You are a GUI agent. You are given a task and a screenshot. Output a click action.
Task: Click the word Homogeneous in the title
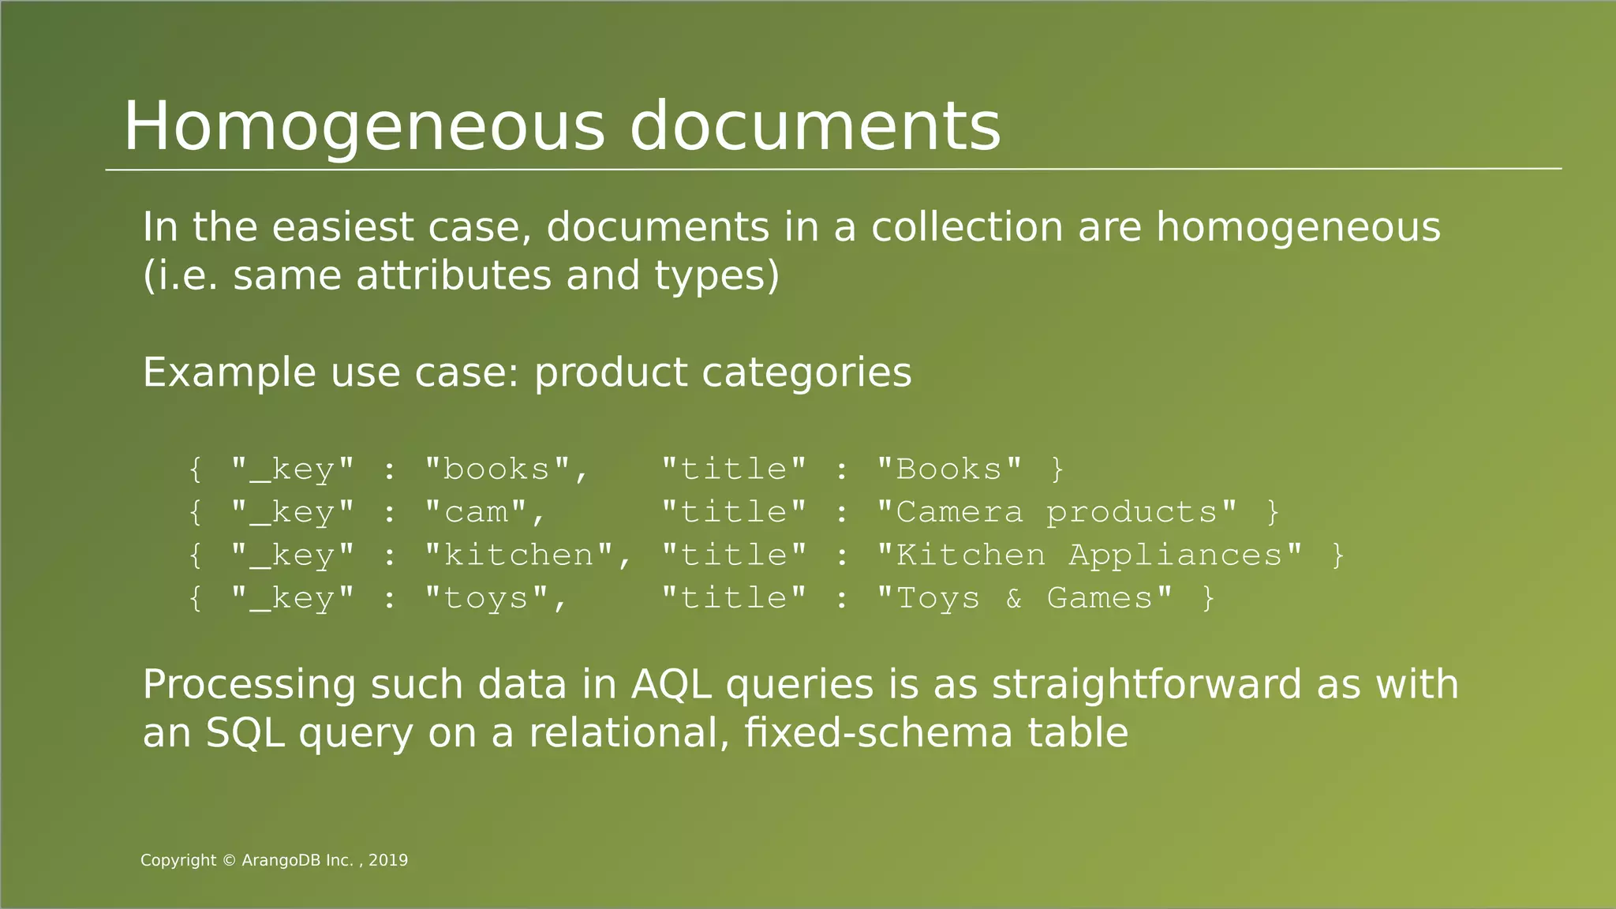(364, 127)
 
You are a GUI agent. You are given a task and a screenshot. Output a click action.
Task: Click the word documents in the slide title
(815, 127)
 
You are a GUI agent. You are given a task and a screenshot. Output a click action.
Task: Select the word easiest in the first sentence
(342, 227)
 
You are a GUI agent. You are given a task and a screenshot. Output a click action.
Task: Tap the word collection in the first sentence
(967, 227)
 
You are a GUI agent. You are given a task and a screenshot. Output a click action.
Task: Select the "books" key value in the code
(496, 469)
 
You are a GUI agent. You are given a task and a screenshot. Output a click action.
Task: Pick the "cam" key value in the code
(475, 513)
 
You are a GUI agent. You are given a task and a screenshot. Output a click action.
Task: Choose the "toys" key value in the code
(485, 599)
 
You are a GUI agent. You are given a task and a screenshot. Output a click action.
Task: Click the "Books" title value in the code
(949, 469)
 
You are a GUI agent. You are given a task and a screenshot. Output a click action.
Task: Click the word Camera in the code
(959, 513)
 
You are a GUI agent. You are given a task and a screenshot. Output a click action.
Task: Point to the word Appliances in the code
(1175, 555)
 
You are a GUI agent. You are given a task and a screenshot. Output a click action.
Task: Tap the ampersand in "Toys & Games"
(1014, 599)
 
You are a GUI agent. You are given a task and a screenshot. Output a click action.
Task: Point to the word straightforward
(1147, 684)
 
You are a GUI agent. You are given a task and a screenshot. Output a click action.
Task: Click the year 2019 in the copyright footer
(388, 861)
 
